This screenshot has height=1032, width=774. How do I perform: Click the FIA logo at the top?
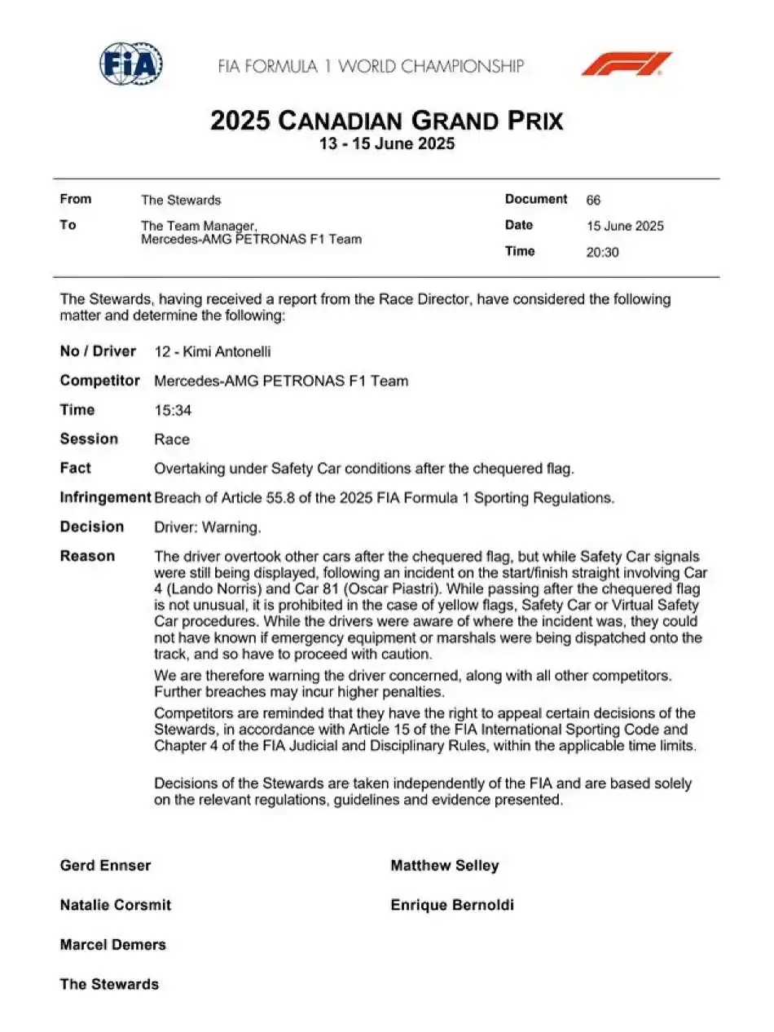131,64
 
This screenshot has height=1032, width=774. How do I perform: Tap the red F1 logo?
626,64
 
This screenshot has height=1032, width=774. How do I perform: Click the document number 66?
593,200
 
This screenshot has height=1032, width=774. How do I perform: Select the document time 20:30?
602,252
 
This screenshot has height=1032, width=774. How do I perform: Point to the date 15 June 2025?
625,226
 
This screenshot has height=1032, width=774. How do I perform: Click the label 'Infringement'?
105,497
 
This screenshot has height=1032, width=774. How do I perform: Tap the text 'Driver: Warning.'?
208,527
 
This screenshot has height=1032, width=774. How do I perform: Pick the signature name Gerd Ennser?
105,866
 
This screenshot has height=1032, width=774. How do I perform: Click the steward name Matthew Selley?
444,866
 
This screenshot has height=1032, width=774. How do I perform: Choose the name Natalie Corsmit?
116,905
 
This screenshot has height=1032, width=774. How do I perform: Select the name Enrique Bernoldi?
452,905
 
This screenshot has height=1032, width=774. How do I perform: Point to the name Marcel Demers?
112,945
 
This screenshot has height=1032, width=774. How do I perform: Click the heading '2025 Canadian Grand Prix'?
386,121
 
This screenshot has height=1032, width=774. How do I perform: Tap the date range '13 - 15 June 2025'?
386,145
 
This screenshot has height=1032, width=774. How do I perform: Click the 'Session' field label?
89,439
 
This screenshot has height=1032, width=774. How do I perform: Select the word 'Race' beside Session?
172,439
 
